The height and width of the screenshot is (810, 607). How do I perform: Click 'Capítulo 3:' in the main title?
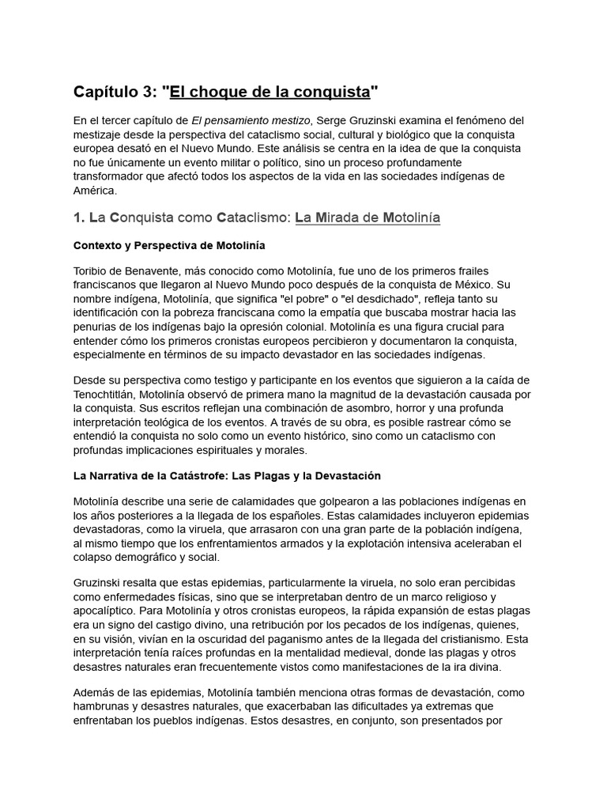pyautogui.click(x=116, y=93)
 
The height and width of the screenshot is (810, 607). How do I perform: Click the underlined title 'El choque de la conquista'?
pyautogui.click(x=270, y=93)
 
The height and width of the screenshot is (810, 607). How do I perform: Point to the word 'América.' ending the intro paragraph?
pyautogui.click(x=95, y=191)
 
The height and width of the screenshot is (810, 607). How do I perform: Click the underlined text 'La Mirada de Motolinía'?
pyautogui.click(x=368, y=218)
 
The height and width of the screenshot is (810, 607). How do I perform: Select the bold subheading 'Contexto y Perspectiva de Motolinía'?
pyautogui.click(x=169, y=245)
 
